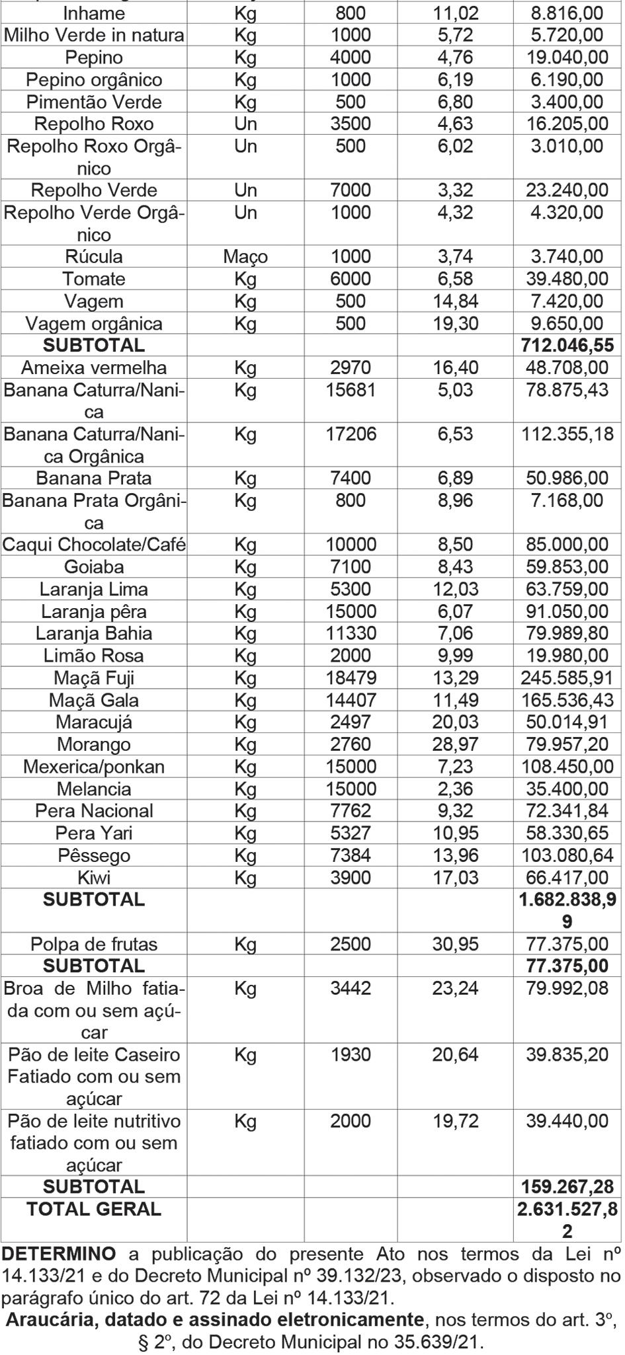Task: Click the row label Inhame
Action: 94,13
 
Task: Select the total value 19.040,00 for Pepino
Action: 567,58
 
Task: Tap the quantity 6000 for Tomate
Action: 351,279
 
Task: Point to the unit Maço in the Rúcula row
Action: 245,257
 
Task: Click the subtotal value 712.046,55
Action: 567,346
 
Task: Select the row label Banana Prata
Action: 94,479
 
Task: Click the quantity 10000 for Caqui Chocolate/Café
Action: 351,545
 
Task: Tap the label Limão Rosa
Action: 94,656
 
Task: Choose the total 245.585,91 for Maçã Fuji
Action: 567,678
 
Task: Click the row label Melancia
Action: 94,789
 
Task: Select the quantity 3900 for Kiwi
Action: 351,878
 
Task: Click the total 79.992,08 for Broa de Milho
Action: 567,989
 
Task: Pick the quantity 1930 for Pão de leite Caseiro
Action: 351,1055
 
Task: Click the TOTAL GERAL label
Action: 94,1209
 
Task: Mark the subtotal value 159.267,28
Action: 567,1186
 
